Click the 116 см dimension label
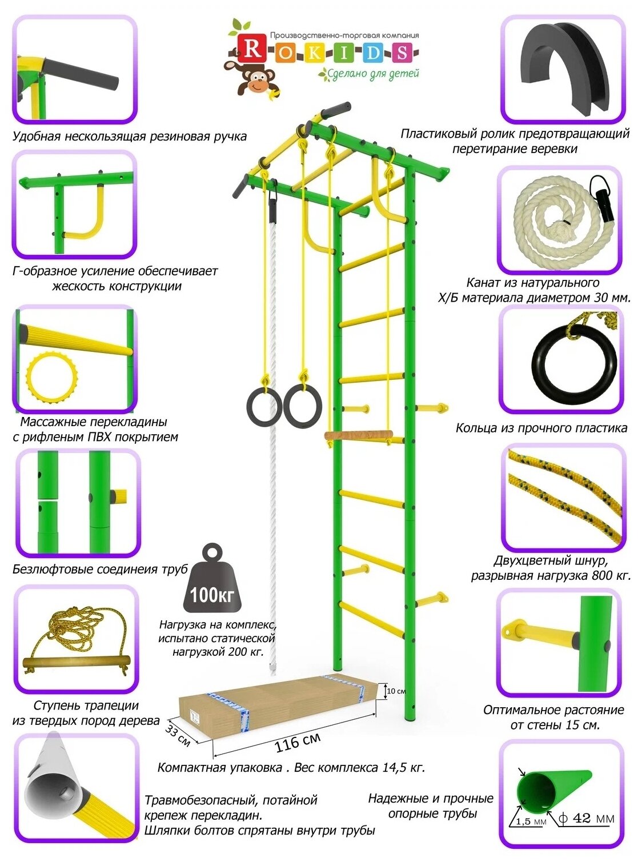298,742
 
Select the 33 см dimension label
178,735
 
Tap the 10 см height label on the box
396,691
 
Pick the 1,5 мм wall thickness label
531,821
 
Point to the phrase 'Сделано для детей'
373,74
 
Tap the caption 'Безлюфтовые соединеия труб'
100,570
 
